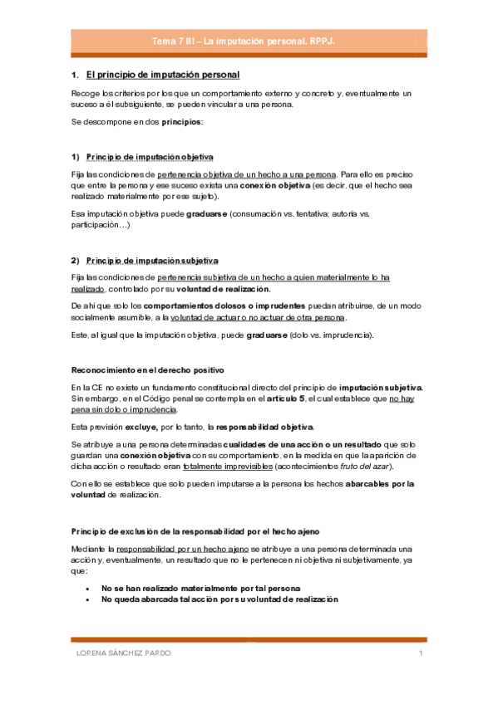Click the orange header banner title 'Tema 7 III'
(249, 41)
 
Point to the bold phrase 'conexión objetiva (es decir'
(290, 186)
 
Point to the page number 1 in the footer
(421, 654)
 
